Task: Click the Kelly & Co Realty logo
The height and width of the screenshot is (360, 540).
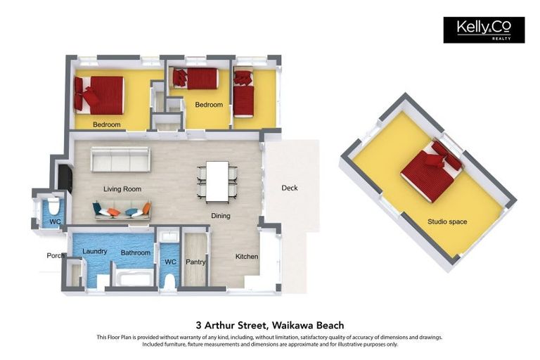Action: click(x=484, y=30)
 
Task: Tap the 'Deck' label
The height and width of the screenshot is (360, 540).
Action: click(x=290, y=188)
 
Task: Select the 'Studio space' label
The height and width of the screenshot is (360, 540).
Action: click(x=447, y=222)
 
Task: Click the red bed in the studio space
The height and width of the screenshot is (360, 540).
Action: click(x=431, y=171)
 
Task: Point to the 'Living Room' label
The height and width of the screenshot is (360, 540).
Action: click(x=122, y=189)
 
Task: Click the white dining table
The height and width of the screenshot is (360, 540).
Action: click(x=217, y=181)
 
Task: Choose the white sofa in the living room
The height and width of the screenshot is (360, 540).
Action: click(x=120, y=160)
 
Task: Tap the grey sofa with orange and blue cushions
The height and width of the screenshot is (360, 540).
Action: click(x=122, y=210)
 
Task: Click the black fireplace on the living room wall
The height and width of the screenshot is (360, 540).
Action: click(x=65, y=178)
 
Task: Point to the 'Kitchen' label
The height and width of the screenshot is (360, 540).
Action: click(x=247, y=257)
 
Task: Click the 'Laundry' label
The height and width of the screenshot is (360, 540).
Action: click(x=94, y=252)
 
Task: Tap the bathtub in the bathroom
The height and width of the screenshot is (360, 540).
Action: click(x=134, y=279)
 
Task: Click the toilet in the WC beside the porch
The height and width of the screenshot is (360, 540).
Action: click(x=53, y=207)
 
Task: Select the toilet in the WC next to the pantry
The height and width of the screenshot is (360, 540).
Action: click(x=169, y=280)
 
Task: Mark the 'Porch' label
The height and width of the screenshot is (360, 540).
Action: click(x=56, y=256)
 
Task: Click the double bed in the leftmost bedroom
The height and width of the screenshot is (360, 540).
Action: click(x=101, y=95)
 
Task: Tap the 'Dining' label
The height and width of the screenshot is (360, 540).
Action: click(x=220, y=216)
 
